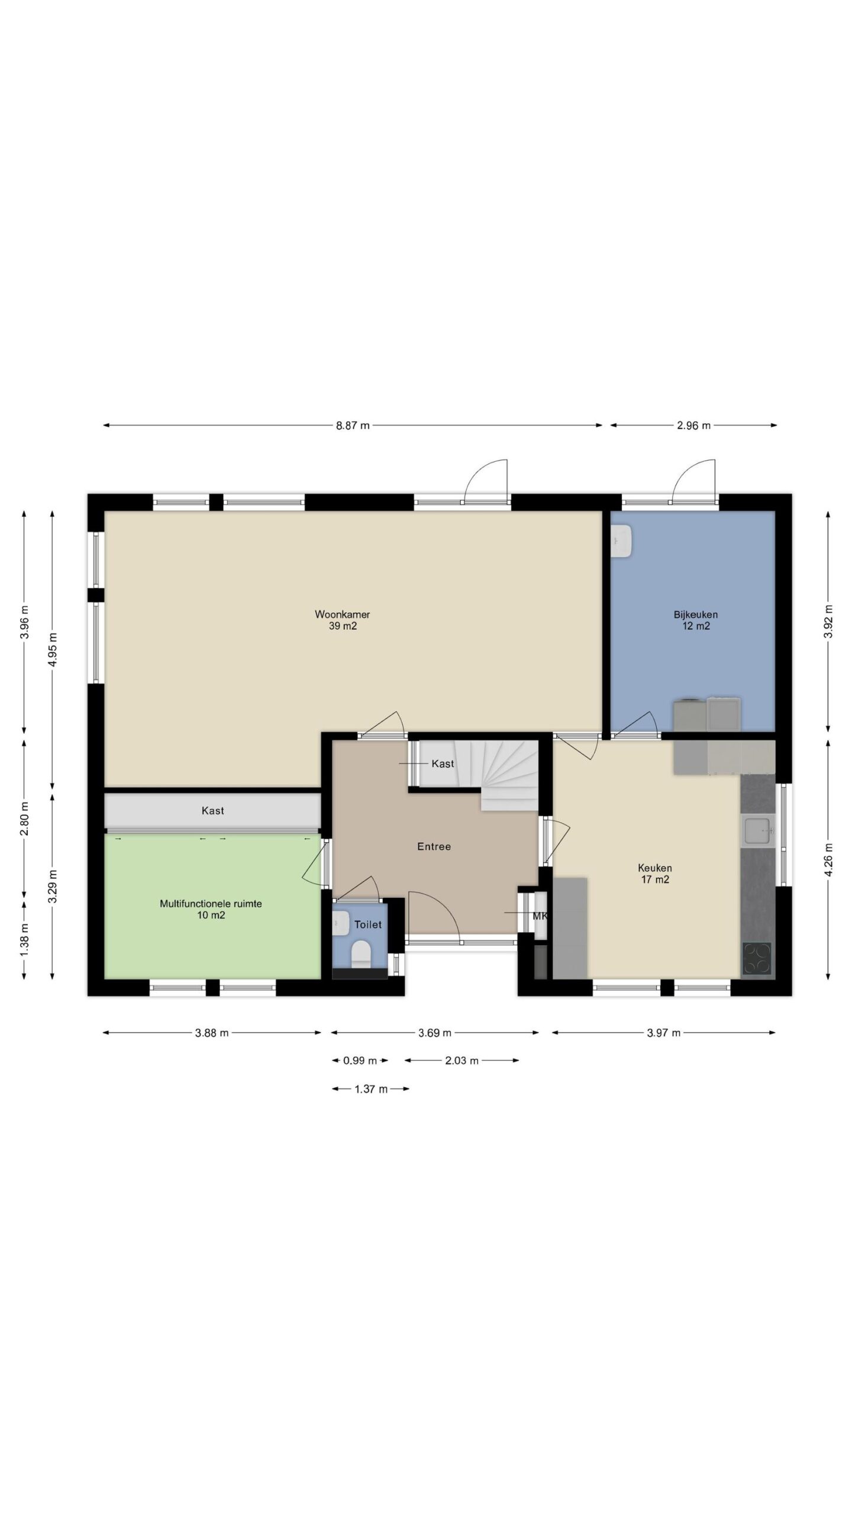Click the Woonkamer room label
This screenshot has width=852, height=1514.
[x=342, y=614]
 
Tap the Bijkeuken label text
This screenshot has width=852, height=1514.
[x=695, y=614]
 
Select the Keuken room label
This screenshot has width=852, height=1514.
[x=654, y=868]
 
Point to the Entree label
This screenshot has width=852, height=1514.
[x=434, y=847]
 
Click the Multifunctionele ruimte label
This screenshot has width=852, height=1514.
[x=211, y=904]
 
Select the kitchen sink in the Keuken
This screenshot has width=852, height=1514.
[x=758, y=830]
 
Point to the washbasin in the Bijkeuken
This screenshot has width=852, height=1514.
[x=622, y=542]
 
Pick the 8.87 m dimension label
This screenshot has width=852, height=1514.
[x=353, y=426]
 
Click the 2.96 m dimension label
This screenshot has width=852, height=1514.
[x=693, y=426]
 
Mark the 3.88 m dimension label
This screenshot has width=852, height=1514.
[x=211, y=1033]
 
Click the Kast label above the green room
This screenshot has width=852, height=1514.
[x=212, y=811]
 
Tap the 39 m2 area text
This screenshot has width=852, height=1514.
[x=343, y=626]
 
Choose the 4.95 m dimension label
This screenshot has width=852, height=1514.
[x=53, y=649]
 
